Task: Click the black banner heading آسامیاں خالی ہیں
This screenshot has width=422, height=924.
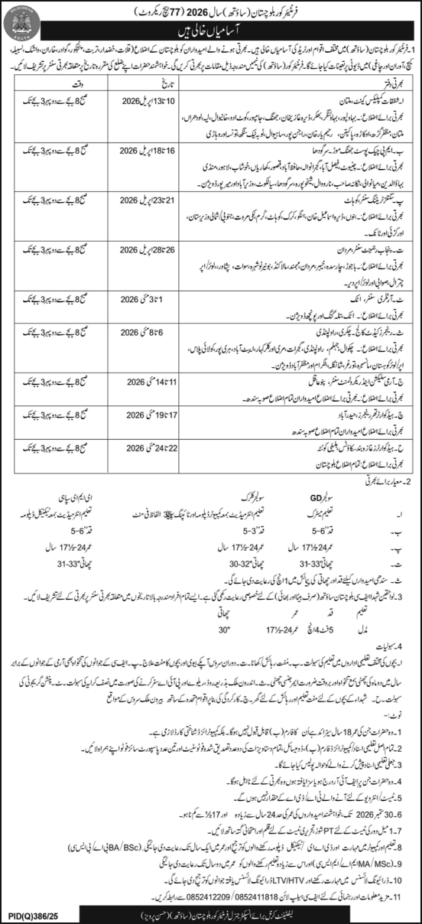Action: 210,33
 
